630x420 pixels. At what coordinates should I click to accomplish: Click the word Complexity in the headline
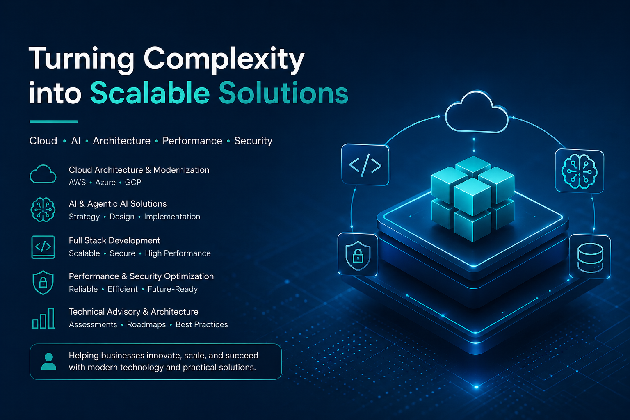pyautogui.click(x=224, y=60)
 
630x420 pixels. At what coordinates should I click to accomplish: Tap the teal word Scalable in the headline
pyautogui.click(x=150, y=93)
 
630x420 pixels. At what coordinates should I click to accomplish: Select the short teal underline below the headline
pyautogui.click(x=54, y=121)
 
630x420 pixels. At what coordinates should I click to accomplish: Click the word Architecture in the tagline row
pyautogui.click(x=121, y=141)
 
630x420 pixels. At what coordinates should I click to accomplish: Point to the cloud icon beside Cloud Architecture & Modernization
pyautogui.click(x=43, y=174)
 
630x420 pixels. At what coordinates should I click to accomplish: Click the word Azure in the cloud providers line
pyautogui.click(x=105, y=182)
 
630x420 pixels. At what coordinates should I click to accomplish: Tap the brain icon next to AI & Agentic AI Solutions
pyautogui.click(x=43, y=210)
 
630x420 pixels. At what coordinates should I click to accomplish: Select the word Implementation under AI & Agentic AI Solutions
pyautogui.click(x=172, y=217)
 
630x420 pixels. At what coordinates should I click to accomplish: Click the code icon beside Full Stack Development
pyautogui.click(x=43, y=247)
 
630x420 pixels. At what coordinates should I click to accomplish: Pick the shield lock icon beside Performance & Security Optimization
pyautogui.click(x=43, y=283)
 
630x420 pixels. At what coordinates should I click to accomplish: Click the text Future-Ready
pyautogui.click(x=173, y=289)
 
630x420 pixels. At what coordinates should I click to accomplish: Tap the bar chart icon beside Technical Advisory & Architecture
pyautogui.click(x=43, y=318)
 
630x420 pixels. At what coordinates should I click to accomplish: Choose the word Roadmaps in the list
pyautogui.click(x=146, y=324)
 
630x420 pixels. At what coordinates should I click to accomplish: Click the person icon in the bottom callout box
pyautogui.click(x=49, y=361)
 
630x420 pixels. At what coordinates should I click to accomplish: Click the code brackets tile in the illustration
pyautogui.click(x=365, y=165)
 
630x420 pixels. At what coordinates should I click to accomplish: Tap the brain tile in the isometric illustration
pyautogui.click(x=580, y=171)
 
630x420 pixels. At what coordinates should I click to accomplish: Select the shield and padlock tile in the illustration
pyautogui.click(x=358, y=255)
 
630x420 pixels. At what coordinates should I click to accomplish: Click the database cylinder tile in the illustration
pyautogui.click(x=590, y=257)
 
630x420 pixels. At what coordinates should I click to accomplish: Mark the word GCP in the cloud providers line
pyautogui.click(x=133, y=182)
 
